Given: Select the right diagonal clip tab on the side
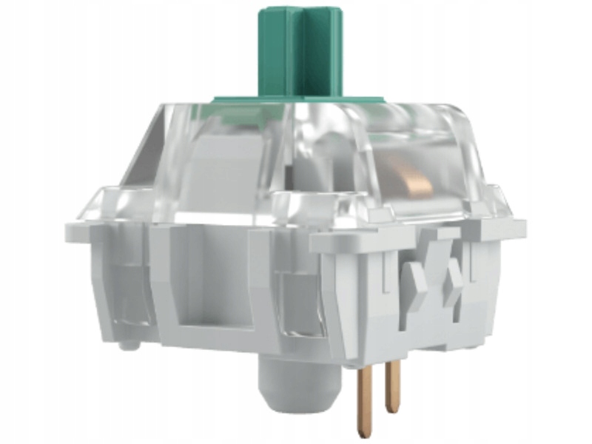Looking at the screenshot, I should (453, 277).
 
